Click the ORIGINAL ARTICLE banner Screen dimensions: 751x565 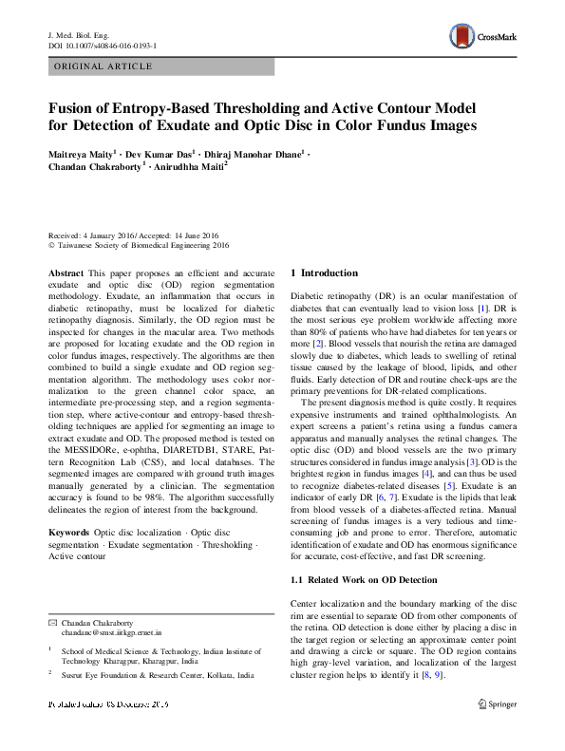point(104,66)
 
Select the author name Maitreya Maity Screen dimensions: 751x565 point(81,153)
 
